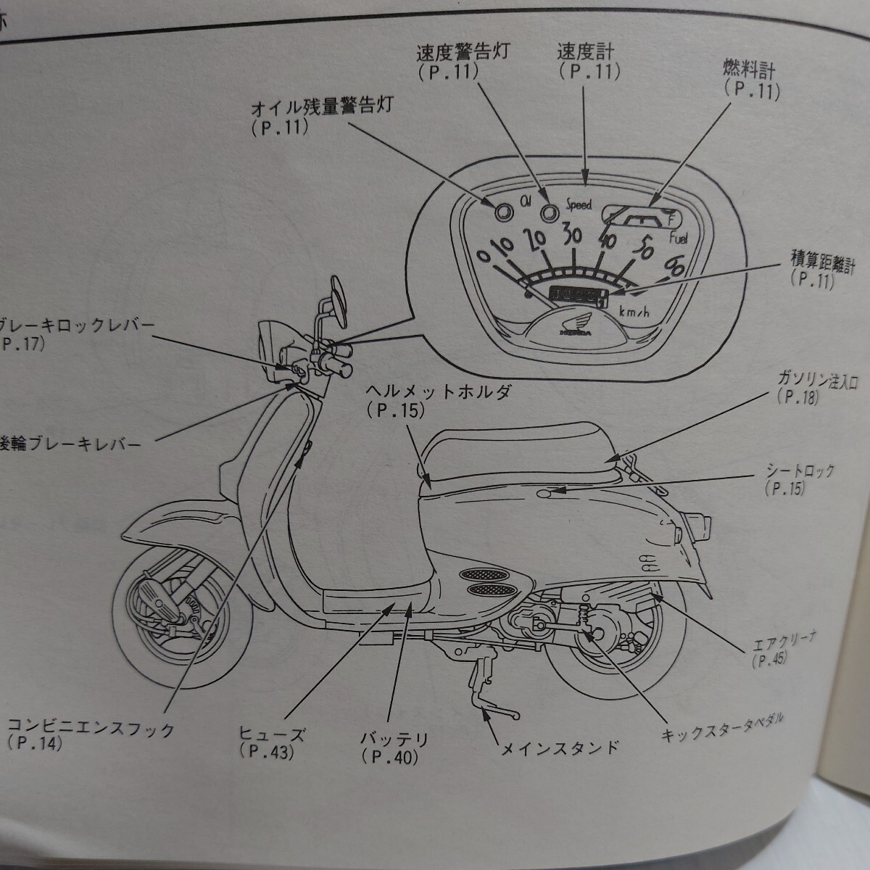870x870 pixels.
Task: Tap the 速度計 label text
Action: click(584, 51)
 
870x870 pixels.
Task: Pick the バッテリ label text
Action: click(394, 739)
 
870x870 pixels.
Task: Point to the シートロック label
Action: click(800, 471)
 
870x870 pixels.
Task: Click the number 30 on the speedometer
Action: click(573, 234)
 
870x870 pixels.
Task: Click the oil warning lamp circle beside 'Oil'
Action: click(502, 211)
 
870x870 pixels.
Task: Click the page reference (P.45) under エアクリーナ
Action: click(765, 660)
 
